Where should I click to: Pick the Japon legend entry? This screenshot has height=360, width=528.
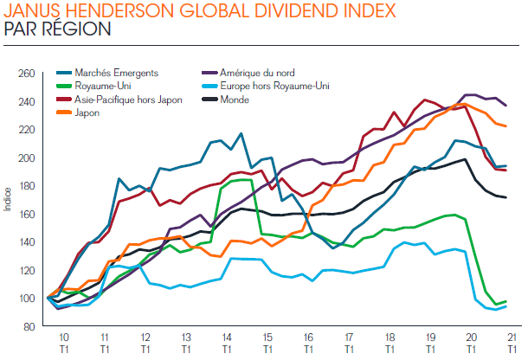click(87, 112)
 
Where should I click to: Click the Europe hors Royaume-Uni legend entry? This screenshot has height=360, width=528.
click(280, 87)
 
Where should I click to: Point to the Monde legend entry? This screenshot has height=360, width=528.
click(248, 100)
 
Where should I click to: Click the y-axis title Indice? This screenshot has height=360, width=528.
click(8, 200)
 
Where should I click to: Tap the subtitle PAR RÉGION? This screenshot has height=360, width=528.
click(57, 29)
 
